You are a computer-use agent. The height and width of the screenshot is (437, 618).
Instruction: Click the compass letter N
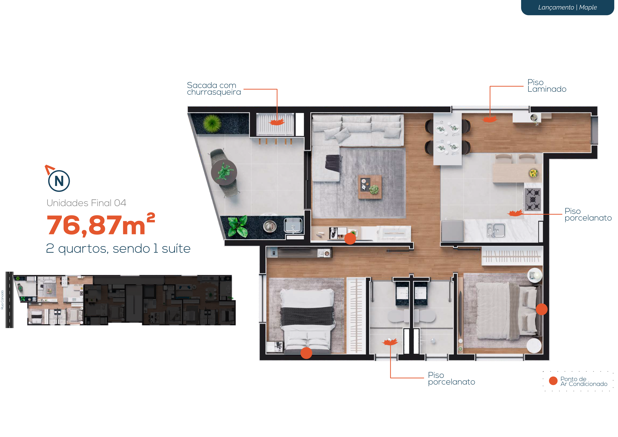59,181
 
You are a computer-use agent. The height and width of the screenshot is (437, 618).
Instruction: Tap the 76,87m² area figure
101,224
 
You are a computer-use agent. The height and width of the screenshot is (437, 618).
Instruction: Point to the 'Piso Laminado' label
547,86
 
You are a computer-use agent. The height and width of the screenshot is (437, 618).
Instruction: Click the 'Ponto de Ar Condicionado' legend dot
553,381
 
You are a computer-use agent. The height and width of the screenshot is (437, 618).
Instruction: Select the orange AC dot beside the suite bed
542,309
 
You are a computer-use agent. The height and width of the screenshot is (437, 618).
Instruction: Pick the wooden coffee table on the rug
370,187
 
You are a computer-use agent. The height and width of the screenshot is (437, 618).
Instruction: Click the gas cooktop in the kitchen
533,199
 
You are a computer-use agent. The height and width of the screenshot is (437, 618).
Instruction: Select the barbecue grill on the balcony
275,124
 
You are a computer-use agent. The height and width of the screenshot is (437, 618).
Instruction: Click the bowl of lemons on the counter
533,173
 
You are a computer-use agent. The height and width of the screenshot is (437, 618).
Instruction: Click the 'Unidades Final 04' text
86,203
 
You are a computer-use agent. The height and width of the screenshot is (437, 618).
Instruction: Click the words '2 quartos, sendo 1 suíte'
118,248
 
